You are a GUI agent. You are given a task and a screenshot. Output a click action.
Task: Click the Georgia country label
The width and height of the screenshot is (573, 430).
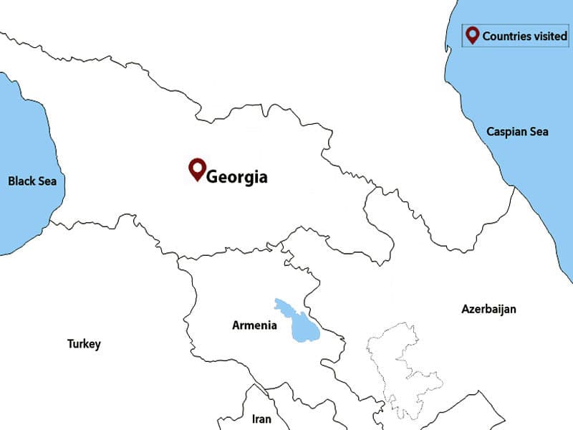[236, 176]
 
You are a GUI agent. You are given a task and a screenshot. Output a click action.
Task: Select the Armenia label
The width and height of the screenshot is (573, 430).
[254, 325]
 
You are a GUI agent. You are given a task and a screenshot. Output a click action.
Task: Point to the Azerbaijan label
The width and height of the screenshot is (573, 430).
[489, 309]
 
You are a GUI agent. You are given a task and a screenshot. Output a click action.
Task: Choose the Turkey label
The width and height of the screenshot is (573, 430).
[84, 344]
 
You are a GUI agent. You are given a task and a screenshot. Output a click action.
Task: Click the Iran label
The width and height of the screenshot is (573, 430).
[262, 419]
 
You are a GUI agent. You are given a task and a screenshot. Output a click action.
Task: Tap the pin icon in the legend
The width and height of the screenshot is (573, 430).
[472, 34]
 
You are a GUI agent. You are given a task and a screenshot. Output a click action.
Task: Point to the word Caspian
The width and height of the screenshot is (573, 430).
[505, 132]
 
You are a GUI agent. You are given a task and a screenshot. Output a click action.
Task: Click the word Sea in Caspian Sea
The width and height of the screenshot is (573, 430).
[538, 132]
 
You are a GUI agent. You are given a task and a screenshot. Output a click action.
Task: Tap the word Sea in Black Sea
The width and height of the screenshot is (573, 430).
[47, 181]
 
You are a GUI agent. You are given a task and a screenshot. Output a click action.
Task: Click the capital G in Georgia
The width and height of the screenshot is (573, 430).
[213, 176]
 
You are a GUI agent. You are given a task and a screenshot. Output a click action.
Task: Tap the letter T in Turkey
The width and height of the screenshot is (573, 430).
[70, 344]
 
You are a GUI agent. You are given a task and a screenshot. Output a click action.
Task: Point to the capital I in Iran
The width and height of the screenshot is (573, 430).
[254, 419]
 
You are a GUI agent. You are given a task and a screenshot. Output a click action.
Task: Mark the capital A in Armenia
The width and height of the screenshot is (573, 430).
[236, 325]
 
